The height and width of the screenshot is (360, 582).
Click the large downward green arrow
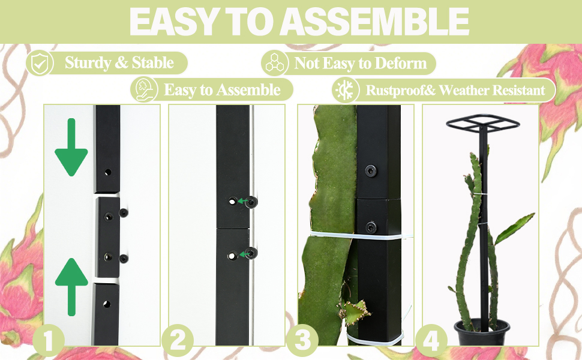tap(71, 147)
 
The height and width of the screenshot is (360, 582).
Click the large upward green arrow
tap(71, 287)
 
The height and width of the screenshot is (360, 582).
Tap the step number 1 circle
tap(48, 340)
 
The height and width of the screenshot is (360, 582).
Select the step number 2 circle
tap(178, 340)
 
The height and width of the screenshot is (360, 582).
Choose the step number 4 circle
tap(431, 340)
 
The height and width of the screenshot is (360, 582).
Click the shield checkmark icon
tap(40, 63)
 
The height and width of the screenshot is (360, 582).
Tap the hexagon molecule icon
tap(275, 63)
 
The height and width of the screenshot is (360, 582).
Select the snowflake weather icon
tap(346, 90)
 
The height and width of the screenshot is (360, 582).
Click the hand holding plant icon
tap(144, 90)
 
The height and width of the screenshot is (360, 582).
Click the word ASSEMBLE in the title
tap(375, 22)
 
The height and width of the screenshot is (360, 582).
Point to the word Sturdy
tap(88, 63)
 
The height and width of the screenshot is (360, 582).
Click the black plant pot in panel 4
tap(482, 332)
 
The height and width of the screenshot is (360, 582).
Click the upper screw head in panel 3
tap(371, 171)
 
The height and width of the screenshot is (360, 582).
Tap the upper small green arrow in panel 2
tap(242, 201)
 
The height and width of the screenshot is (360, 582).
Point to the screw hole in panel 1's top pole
tap(108, 172)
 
